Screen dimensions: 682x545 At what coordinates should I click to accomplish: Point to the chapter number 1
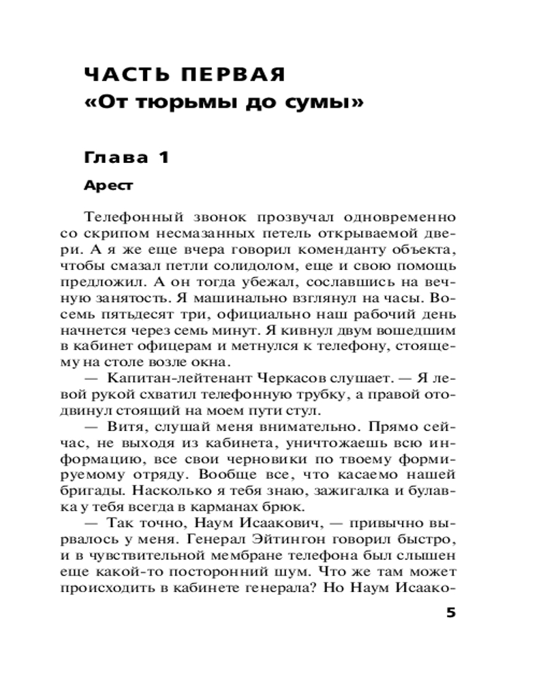[x=163, y=158]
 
